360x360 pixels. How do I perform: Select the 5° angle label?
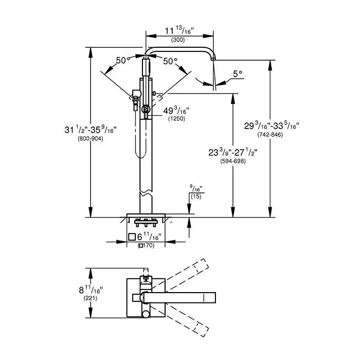coord(237,74)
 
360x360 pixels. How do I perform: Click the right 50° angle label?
coord(170,61)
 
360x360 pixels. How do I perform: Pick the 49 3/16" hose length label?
coord(176,110)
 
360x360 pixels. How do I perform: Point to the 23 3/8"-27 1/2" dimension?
coord(233,153)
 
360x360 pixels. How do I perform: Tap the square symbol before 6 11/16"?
coord(132,237)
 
